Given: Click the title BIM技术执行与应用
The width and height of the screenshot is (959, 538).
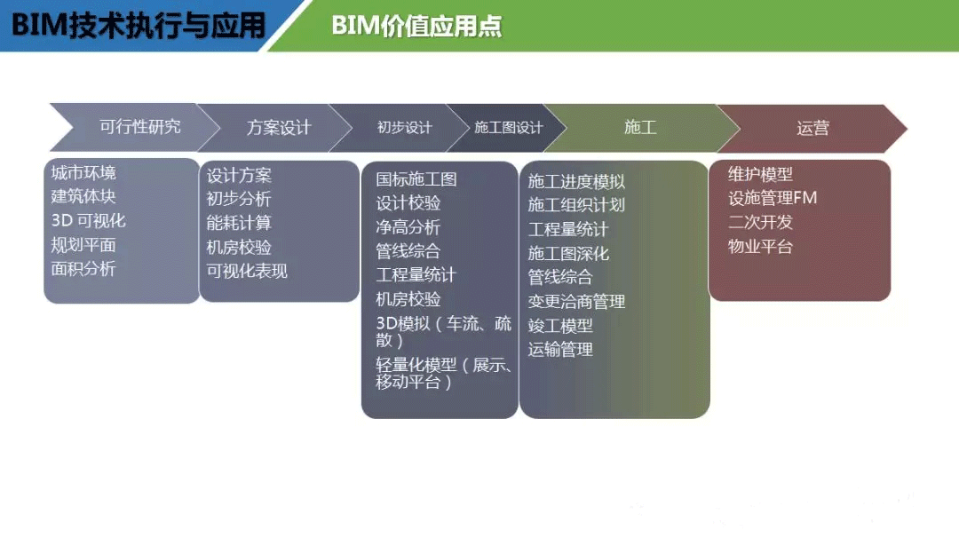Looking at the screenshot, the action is point(139,26).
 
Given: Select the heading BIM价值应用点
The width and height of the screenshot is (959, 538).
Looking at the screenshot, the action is point(416,26).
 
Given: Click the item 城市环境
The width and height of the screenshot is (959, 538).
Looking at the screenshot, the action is point(83,173).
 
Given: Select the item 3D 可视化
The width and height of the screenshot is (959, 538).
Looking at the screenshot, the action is point(88,221).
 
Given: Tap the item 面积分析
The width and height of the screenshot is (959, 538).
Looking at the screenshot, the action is point(83,268).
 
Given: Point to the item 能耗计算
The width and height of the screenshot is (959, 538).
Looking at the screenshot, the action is point(239,223).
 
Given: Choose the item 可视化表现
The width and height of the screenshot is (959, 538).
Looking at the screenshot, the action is point(247,271).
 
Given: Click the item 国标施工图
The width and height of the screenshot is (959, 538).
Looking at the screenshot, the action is point(416,179).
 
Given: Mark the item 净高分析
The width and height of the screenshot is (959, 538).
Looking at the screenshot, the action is point(408,227).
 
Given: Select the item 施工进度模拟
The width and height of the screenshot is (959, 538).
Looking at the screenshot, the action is point(576,182).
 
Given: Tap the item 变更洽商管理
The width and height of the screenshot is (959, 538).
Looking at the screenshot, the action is point(576,301).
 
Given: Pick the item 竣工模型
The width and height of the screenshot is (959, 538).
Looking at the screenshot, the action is point(560,325).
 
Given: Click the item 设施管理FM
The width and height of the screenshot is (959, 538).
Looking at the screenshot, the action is point(773,198).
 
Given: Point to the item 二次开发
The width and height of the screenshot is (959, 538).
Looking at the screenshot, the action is point(760,222).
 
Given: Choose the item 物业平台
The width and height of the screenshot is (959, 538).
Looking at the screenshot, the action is point(760,247).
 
